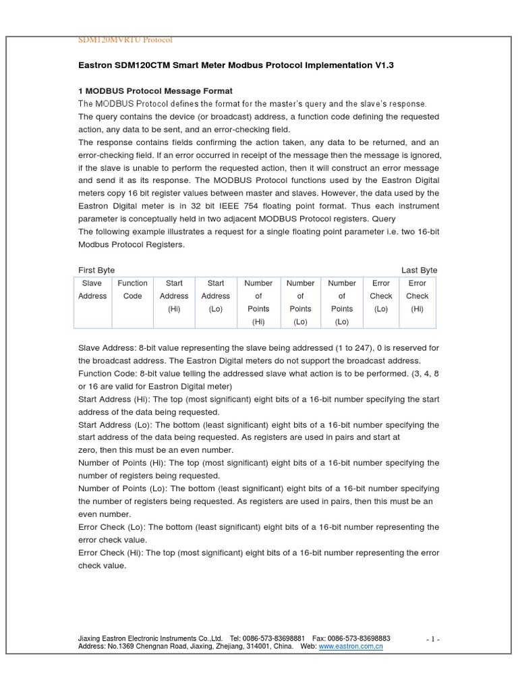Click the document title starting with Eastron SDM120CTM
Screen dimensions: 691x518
coord(235,65)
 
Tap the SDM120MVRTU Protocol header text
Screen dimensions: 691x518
coord(125,40)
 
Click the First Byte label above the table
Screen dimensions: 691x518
coord(96,270)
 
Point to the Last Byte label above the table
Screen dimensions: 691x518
coord(419,270)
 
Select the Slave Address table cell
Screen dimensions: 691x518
coord(92,289)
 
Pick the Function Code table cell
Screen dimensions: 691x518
coord(132,289)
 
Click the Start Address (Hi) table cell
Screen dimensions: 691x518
coord(174,296)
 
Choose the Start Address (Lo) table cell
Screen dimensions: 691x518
coord(216,296)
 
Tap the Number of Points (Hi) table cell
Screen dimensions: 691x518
coord(258,302)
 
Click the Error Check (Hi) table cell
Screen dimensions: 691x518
coord(417,296)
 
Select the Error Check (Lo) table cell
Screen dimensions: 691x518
coord(380,296)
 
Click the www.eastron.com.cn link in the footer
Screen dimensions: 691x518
coord(351,646)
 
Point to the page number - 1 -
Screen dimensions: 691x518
coord(433,639)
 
